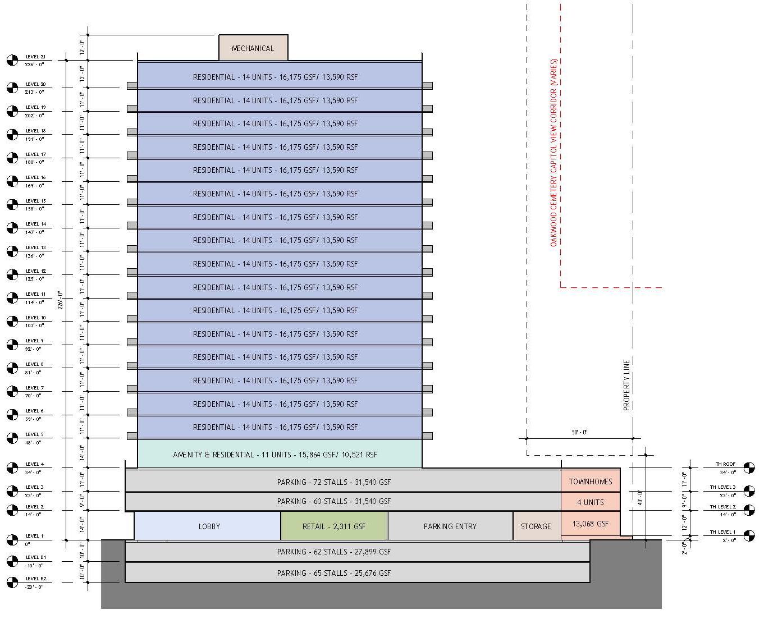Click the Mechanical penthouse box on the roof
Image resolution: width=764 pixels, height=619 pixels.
(253, 48)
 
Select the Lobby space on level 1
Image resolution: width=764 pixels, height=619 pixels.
(208, 526)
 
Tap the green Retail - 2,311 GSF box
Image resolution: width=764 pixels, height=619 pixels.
(333, 526)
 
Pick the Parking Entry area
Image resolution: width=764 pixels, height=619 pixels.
(450, 526)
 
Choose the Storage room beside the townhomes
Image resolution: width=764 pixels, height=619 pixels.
(536, 526)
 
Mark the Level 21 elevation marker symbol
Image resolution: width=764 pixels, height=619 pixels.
(12, 60)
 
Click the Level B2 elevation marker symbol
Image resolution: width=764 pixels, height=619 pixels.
(12, 583)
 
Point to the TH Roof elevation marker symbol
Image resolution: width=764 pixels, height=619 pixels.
(749, 467)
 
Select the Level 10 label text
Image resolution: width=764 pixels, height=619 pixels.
(35, 318)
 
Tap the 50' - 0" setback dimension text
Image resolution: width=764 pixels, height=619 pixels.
(579, 432)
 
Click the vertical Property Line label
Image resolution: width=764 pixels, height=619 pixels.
(626, 385)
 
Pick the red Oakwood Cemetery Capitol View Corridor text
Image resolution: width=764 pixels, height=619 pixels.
(553, 153)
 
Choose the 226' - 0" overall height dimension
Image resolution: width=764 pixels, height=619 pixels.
(60, 300)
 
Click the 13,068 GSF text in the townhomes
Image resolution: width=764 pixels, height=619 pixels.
(591, 524)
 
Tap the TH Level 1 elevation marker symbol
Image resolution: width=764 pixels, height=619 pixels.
(749, 535)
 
